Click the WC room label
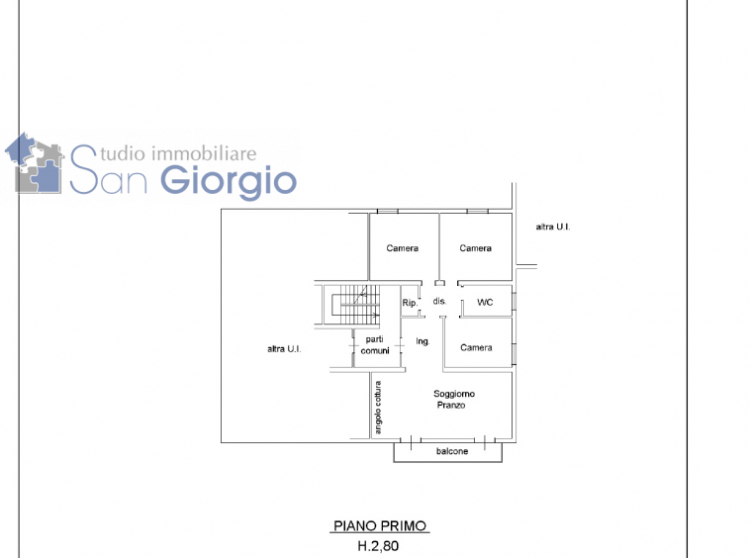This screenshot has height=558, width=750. point(485,302)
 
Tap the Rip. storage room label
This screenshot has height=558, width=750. point(410,303)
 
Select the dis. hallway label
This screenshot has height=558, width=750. point(439,301)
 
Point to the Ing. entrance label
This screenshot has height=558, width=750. point(422,341)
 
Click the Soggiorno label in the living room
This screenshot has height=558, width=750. point(454,394)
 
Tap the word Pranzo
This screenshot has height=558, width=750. point(451,405)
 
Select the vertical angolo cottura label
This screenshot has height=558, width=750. point(378,408)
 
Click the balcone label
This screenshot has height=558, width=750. point(452,451)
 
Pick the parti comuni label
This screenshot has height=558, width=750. point(375,344)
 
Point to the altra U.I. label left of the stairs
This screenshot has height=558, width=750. point(284,349)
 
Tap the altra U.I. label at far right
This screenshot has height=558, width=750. point(553,227)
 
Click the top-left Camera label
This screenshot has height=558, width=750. point(403,248)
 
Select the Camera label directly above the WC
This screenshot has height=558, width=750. point(476,248)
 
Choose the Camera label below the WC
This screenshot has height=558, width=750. point(476,347)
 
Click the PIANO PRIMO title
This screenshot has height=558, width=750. point(380,526)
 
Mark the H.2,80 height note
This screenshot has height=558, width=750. point(378,545)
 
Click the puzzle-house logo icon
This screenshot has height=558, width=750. point(35,163)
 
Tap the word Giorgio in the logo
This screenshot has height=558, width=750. point(229,182)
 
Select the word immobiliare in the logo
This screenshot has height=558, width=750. point(204,154)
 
